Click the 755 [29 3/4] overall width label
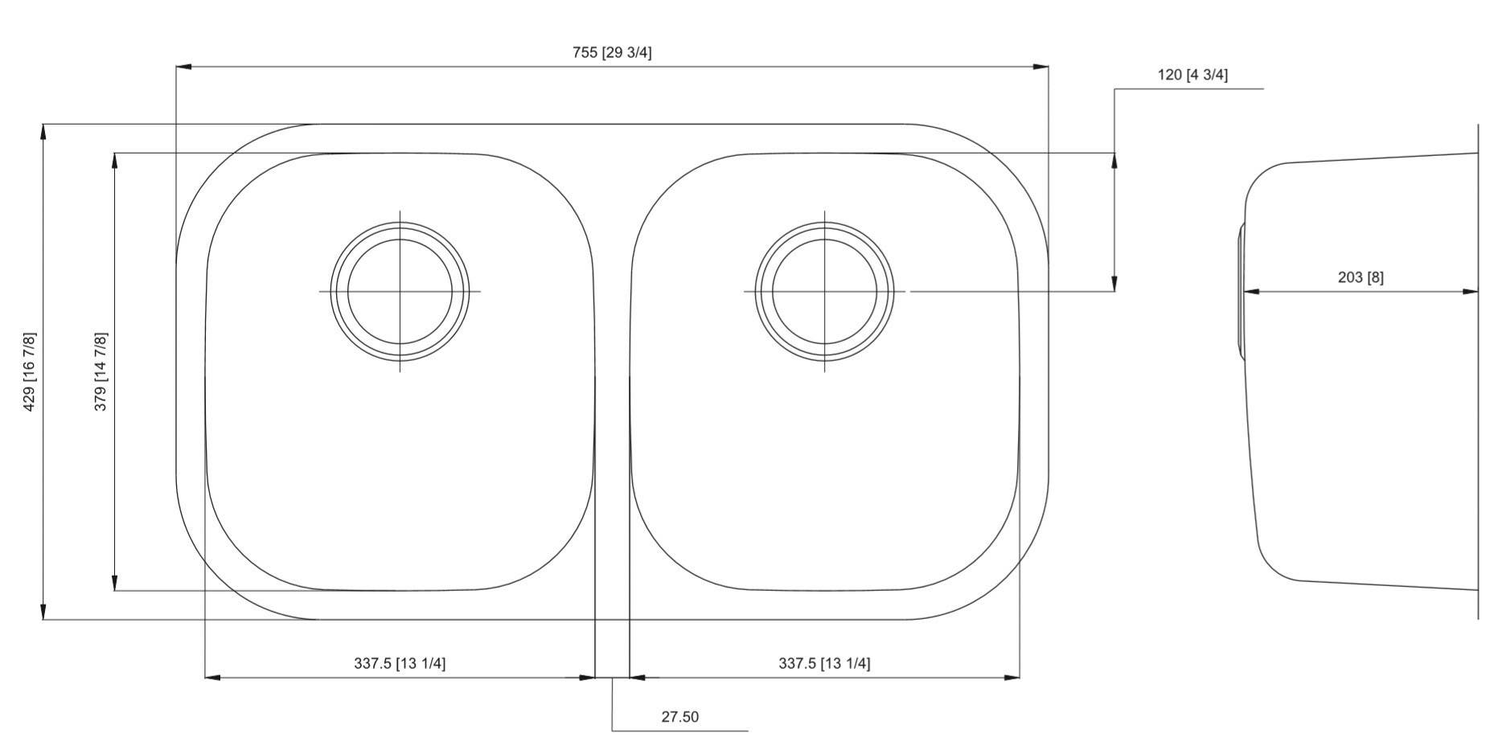[x=612, y=52]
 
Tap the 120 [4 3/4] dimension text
[x=1192, y=75]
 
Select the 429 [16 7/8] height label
[x=30, y=371]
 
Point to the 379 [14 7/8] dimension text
[x=101, y=371]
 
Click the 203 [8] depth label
[x=1360, y=277]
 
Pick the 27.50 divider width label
[x=679, y=717]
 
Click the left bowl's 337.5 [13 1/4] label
[x=400, y=663]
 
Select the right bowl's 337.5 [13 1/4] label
[x=823, y=663]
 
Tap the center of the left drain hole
[x=400, y=291]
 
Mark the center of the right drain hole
[x=824, y=291]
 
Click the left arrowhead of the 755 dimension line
[x=183, y=67]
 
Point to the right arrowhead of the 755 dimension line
[x=1041, y=67]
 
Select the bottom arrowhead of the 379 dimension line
[x=115, y=584]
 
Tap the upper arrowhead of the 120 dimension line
[x=1114, y=160]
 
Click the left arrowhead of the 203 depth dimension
[x=1252, y=292]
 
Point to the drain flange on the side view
[x=1241, y=291]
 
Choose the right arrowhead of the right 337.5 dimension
[x=1012, y=678]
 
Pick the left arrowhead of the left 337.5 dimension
[x=212, y=678]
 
